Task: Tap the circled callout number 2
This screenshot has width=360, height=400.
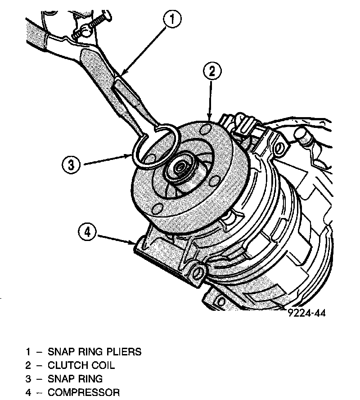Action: [211, 71]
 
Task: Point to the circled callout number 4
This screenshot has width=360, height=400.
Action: [88, 232]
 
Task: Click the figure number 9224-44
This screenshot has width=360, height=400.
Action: [306, 313]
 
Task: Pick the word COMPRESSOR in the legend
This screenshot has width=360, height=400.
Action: [84, 392]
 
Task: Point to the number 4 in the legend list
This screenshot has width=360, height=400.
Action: [28, 392]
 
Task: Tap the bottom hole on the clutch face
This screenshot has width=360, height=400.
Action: [157, 209]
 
